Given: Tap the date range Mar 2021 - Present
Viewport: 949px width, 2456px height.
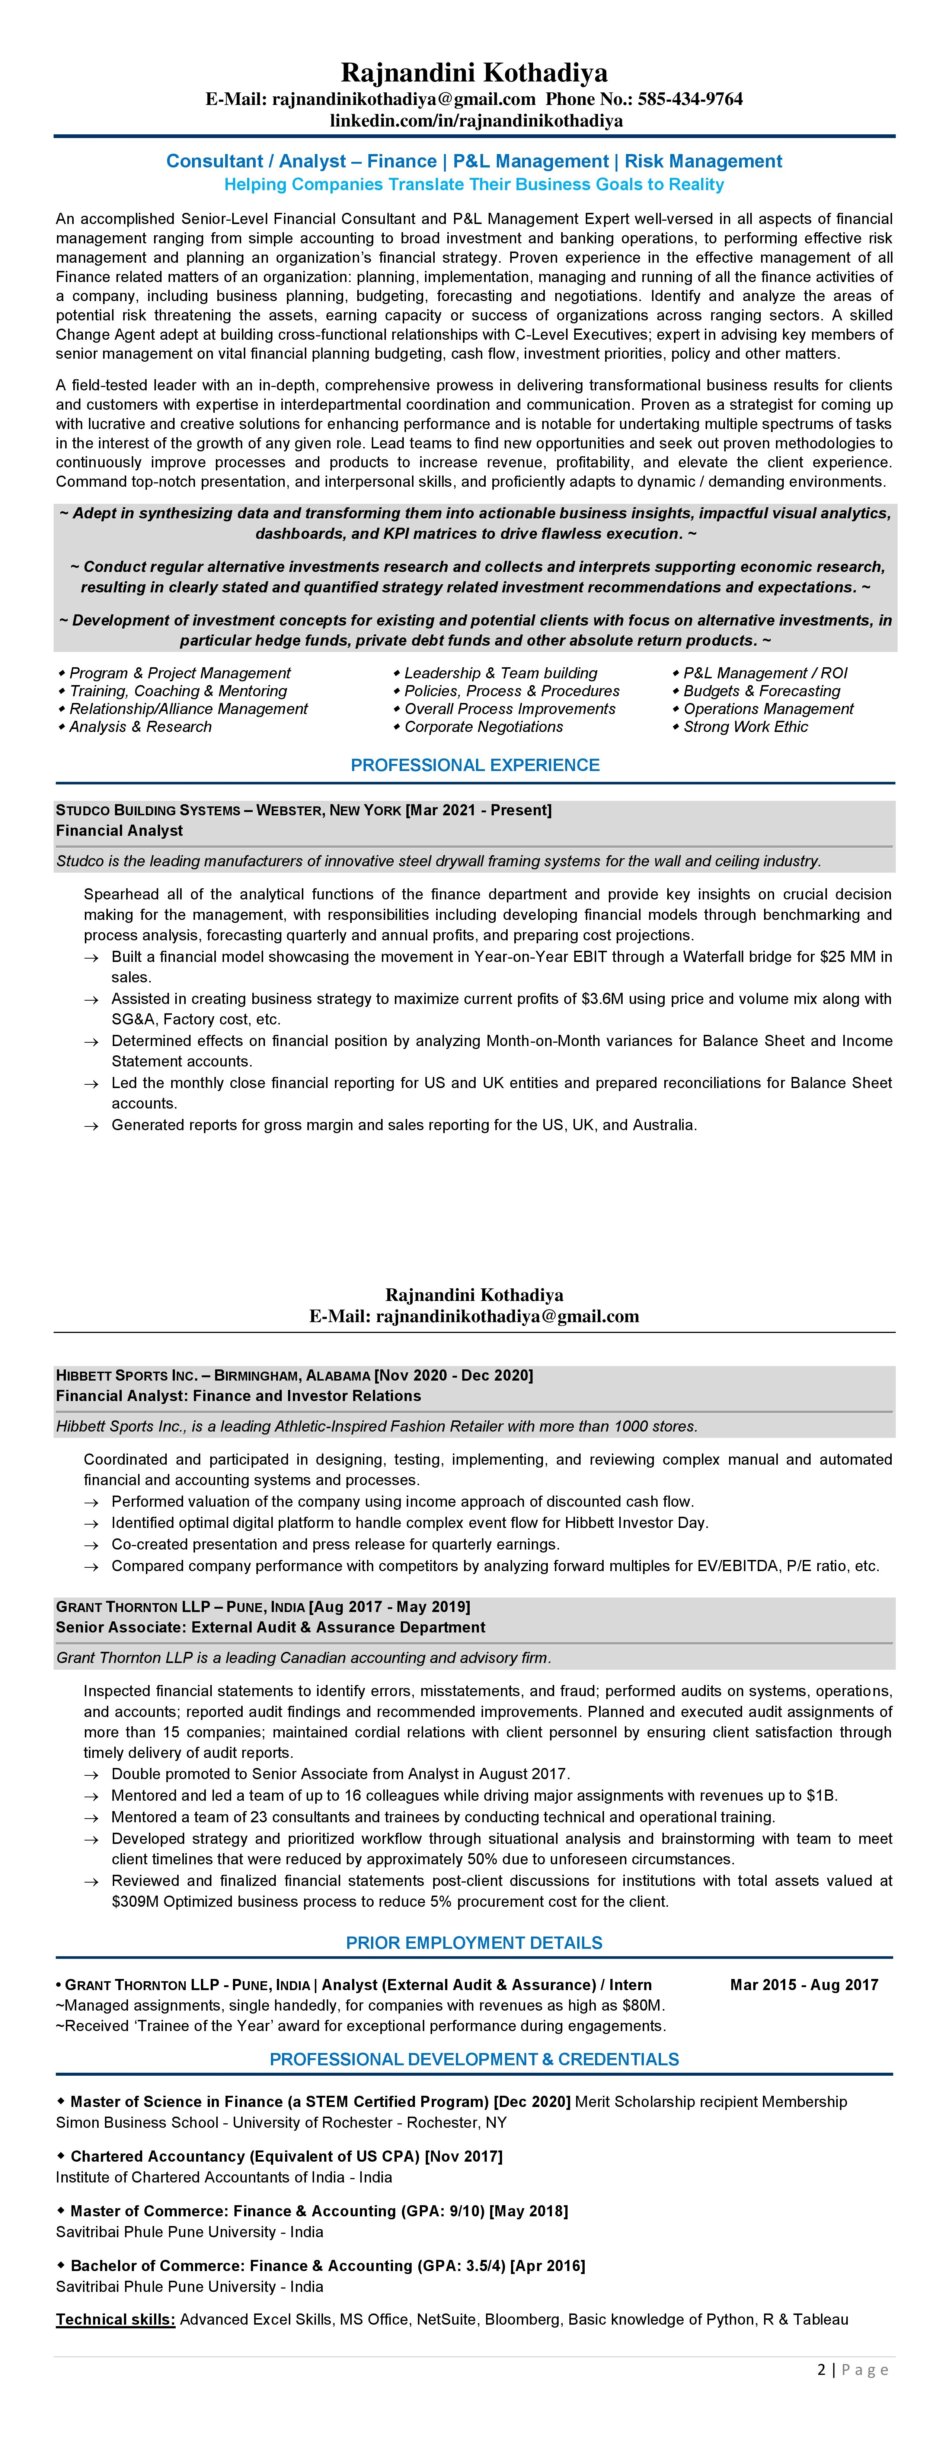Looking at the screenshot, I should coord(479,810).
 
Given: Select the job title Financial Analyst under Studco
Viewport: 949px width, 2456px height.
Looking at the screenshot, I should coord(119,831).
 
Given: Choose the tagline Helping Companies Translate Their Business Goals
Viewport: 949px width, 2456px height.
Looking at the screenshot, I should coord(474,184).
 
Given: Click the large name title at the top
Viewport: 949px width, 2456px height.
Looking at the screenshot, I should coord(474,73).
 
